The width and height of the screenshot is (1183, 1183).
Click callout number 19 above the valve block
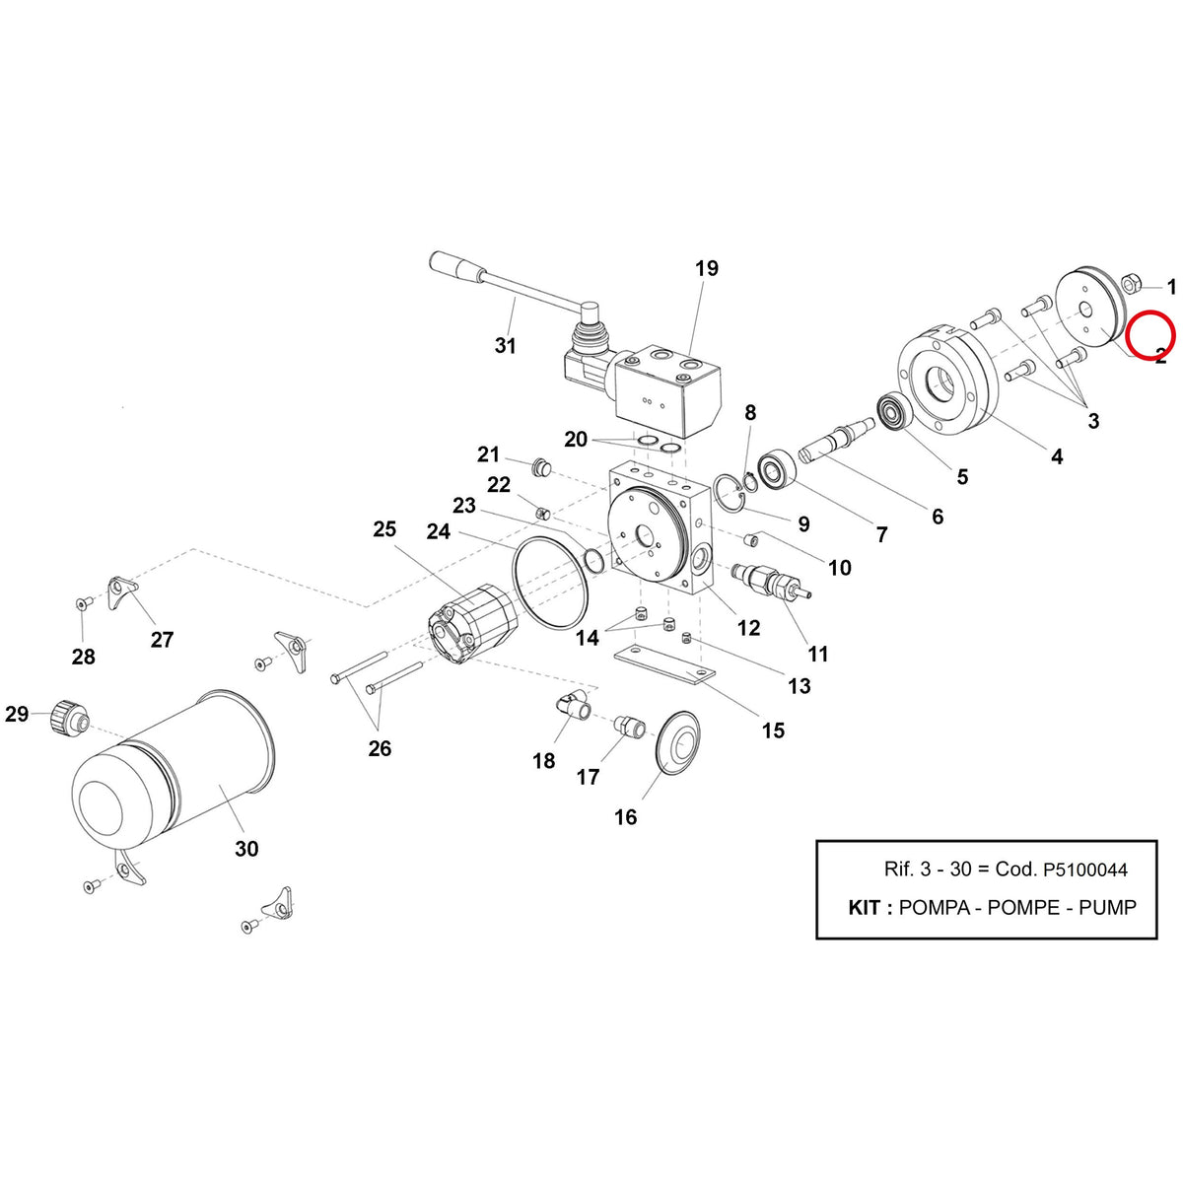(706, 268)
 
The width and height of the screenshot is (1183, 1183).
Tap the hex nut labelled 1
(1131, 284)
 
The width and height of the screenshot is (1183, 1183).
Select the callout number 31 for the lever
(506, 346)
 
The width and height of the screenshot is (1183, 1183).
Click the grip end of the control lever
(455, 268)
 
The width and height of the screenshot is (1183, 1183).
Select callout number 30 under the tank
(246, 849)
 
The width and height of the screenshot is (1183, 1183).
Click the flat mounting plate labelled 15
(664, 664)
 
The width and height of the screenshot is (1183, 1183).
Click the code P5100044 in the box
(1084, 869)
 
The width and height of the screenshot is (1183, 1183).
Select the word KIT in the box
(864, 907)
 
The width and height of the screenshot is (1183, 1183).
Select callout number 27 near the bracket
(162, 640)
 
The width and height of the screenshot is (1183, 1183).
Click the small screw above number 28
(82, 603)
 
